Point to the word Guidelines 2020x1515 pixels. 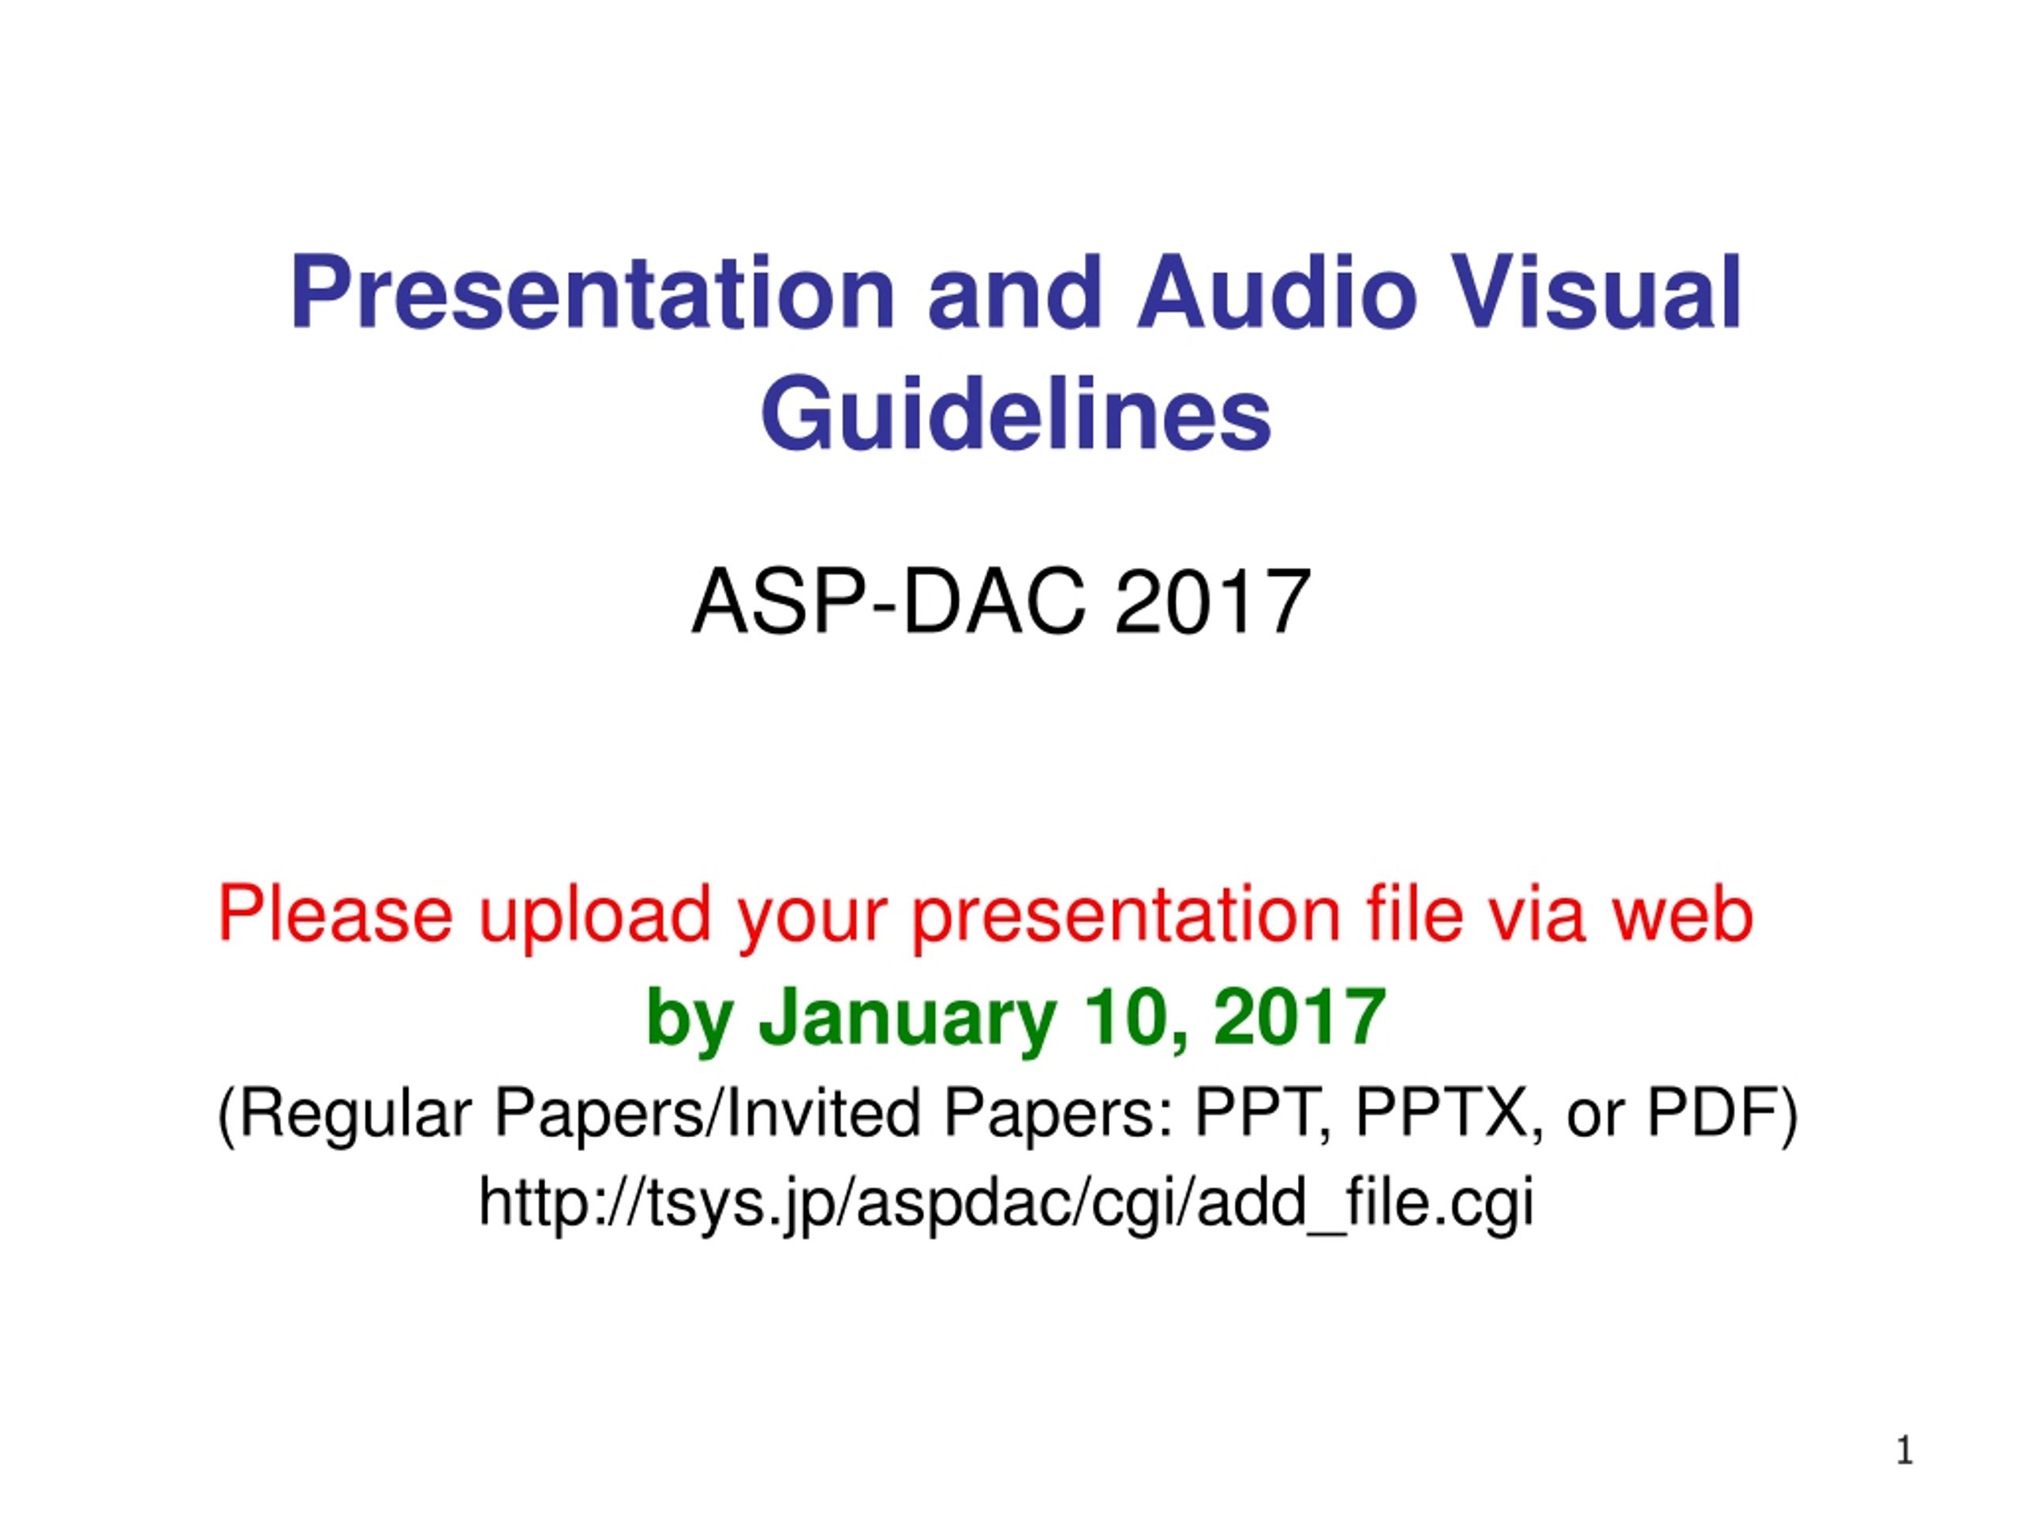(x=1016, y=413)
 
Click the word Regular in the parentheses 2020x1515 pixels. (x=356, y=1113)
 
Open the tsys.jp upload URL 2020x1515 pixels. (x=1005, y=1203)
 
